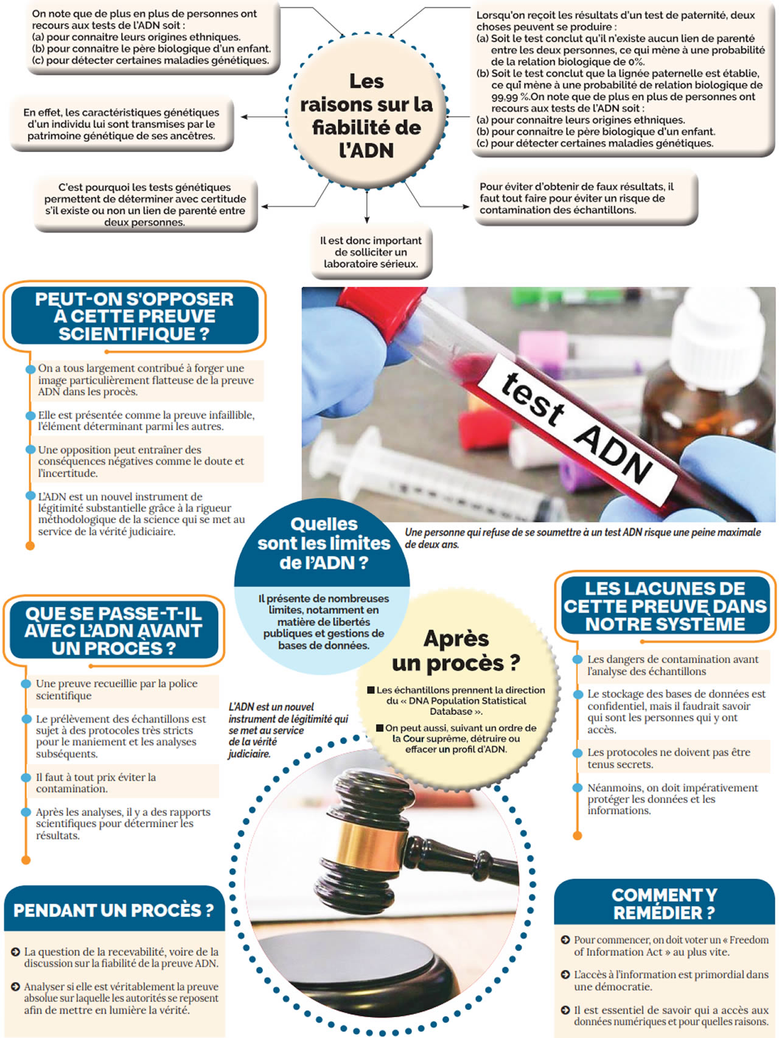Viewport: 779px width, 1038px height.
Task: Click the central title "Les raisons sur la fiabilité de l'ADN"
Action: click(x=366, y=116)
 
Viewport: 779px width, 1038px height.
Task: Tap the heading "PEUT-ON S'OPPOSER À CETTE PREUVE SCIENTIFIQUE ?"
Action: click(x=134, y=316)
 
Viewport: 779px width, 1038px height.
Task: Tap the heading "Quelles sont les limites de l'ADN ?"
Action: click(x=323, y=543)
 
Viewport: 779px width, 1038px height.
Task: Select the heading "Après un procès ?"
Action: click(x=456, y=650)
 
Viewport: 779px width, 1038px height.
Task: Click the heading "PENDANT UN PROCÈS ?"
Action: click(x=114, y=910)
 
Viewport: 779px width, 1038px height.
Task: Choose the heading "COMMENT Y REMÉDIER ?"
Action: click(x=664, y=904)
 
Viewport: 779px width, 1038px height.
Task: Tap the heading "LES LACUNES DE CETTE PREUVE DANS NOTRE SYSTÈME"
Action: click(x=665, y=606)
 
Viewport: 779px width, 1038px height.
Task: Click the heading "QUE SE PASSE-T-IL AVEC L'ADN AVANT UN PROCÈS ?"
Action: click(x=114, y=631)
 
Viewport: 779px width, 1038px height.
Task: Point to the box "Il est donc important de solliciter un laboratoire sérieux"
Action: click(x=371, y=253)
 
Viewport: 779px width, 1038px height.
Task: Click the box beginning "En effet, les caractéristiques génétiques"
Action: click(x=121, y=124)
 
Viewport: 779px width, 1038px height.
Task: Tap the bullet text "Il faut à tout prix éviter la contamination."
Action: click(x=96, y=783)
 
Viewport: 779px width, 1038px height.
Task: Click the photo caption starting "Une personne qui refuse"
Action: click(x=582, y=538)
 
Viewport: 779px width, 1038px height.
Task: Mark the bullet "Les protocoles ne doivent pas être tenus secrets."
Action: click(x=669, y=758)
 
